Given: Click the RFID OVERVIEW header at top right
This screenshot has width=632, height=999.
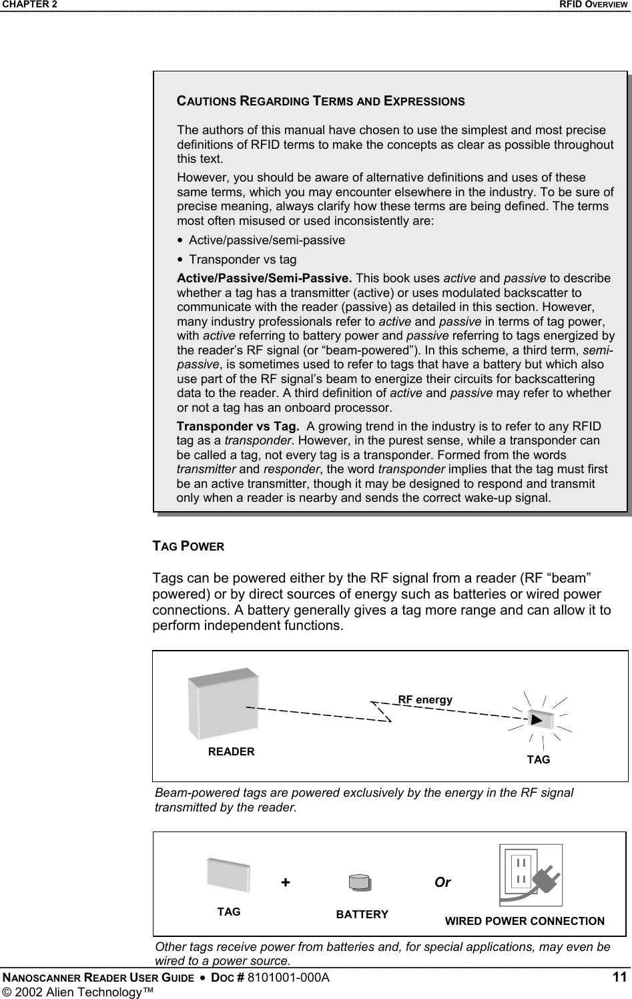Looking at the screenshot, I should (x=593, y=5).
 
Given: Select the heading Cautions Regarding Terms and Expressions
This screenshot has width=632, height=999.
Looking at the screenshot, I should (x=320, y=101).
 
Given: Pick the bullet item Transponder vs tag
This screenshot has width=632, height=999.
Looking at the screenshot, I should (x=243, y=260).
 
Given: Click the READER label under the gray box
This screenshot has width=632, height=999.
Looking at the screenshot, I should (x=231, y=751).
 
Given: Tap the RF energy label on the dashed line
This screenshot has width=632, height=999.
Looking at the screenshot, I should (x=425, y=700).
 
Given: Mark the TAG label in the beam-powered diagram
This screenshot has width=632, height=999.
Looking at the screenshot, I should (x=539, y=760).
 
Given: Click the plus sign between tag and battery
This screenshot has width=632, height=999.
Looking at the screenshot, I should (x=286, y=882).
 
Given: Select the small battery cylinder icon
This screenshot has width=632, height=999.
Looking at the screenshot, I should (x=360, y=883).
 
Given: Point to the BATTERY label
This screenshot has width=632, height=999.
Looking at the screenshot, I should (x=362, y=914).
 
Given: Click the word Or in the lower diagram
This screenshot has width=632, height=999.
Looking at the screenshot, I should (x=442, y=882).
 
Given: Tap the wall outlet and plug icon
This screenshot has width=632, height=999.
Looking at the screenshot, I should (x=531, y=875).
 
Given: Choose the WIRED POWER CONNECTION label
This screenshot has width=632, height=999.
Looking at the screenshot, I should (x=525, y=922).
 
